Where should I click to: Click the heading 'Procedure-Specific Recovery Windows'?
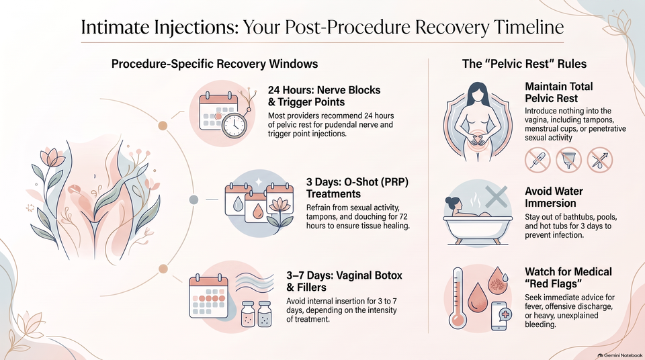click(214, 64)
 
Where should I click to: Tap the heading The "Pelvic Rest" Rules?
click(524, 64)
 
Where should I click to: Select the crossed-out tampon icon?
click(537, 160)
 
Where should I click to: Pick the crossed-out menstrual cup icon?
click(568, 160)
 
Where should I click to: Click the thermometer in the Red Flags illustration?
click(458, 298)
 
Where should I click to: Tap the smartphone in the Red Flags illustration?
click(499, 316)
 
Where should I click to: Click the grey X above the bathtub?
click(497, 196)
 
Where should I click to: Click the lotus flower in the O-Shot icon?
click(279, 215)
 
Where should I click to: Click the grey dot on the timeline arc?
click(193, 199)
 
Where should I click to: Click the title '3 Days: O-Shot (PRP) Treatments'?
click(357, 188)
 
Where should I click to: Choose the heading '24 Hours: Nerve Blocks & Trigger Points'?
click(324, 96)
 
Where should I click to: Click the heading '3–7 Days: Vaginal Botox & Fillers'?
click(344, 281)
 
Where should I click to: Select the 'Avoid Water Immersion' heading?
click(554, 197)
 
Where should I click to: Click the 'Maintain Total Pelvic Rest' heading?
click(558, 92)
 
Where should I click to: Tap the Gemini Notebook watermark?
click(620, 355)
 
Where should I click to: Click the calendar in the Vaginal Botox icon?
click(208, 297)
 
